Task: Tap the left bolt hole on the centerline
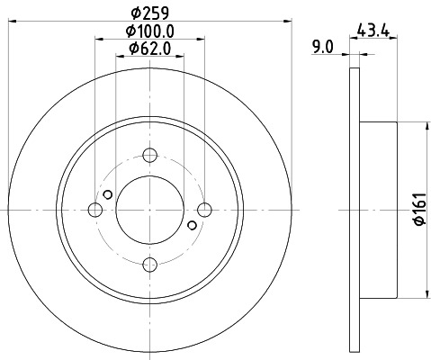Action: (x=95, y=210)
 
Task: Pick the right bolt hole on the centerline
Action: (x=205, y=210)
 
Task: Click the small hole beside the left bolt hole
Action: (x=108, y=194)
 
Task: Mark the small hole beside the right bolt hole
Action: (x=192, y=225)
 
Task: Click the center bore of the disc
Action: (x=150, y=210)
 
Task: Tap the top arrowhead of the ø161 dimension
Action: (x=426, y=127)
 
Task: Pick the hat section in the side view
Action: (x=378, y=210)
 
